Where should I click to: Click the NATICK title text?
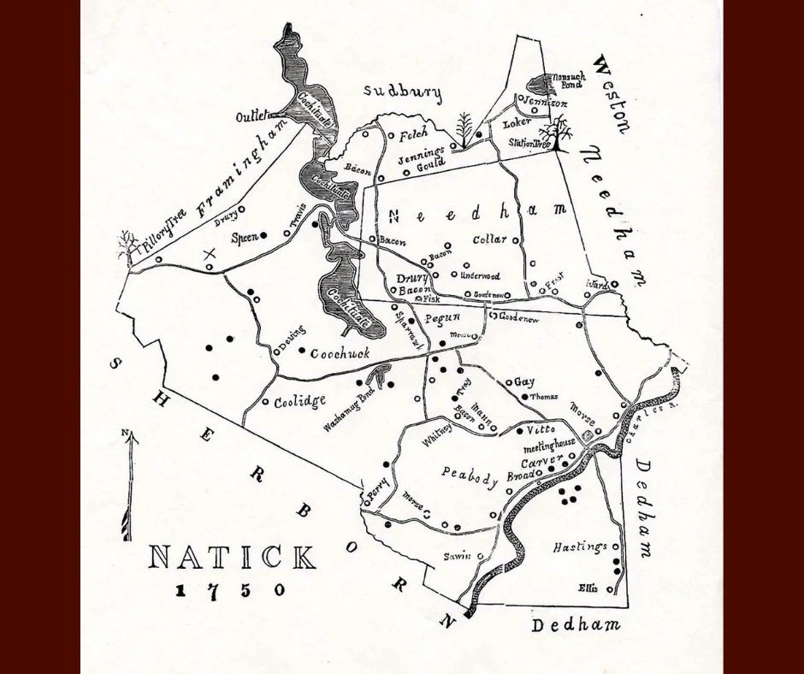[x=232, y=559]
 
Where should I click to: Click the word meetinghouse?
[x=553, y=445]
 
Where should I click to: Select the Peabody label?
[x=470, y=475]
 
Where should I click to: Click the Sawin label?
[x=457, y=556]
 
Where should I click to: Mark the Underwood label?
[x=479, y=276]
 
